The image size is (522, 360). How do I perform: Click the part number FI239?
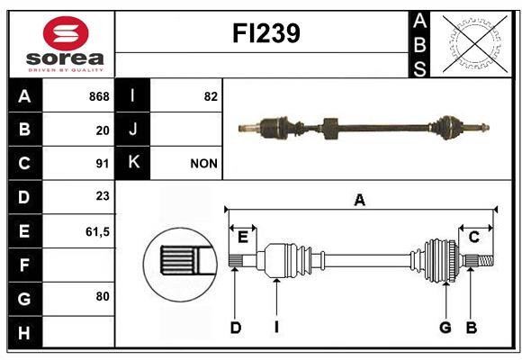click(x=266, y=33)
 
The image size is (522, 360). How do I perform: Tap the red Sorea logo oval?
click(x=66, y=33)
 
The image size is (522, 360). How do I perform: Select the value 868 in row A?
click(x=99, y=96)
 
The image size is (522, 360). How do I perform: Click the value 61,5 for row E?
click(x=97, y=231)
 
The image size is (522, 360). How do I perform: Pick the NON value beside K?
click(x=203, y=164)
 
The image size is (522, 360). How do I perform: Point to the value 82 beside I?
click(x=211, y=96)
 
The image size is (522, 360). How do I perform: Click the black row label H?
click(x=24, y=333)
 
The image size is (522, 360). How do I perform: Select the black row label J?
click(x=132, y=130)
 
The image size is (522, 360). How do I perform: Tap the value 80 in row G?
click(x=103, y=296)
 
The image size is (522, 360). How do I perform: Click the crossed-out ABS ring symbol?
click(x=475, y=43)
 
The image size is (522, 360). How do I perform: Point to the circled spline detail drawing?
click(x=180, y=265)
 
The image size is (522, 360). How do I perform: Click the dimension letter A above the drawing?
click(x=359, y=201)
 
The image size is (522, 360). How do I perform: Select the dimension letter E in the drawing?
click(x=243, y=238)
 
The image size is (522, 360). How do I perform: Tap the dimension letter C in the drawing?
click(x=473, y=238)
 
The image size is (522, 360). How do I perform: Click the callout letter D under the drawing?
click(x=236, y=328)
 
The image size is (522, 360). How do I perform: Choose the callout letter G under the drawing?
click(x=445, y=328)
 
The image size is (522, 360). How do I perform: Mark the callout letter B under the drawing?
click(x=471, y=328)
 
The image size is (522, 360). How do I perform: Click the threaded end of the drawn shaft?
click(x=486, y=260)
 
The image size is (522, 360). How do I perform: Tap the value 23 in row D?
click(x=103, y=196)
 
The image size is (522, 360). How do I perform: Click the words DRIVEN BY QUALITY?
click(x=66, y=70)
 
